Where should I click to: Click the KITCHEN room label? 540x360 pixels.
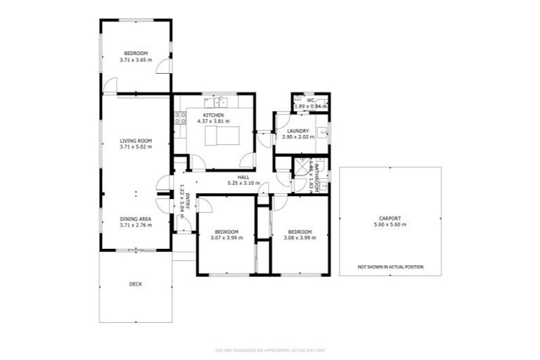click(214, 115)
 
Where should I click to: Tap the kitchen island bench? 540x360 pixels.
click(221, 135)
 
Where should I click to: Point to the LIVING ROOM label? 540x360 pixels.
click(135, 141)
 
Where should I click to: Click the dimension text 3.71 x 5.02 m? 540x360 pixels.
click(135, 148)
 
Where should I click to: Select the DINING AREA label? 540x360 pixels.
click(135, 219)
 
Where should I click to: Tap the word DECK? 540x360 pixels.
click(135, 284)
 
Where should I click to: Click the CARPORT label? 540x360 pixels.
click(390, 219)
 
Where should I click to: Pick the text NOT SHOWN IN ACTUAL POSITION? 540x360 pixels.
click(390, 267)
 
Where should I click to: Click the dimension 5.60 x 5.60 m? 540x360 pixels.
click(390, 225)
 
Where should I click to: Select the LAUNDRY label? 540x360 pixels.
click(298, 131)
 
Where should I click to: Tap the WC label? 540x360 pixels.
click(311, 100)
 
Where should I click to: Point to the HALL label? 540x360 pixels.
click(243, 177)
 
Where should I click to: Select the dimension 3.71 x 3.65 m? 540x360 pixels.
click(135, 60)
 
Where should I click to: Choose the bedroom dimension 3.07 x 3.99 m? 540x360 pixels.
click(226, 238)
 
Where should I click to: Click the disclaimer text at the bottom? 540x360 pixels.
click(270, 349)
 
